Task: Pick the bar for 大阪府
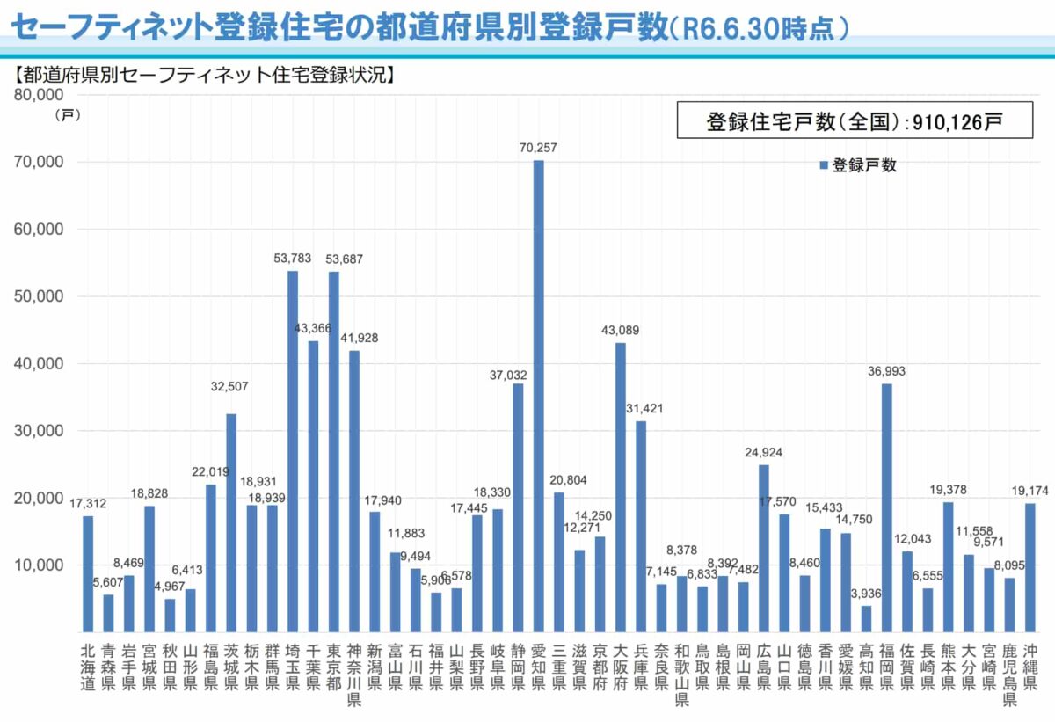coord(621,487)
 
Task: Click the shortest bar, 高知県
coord(866,618)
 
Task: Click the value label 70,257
coord(538,148)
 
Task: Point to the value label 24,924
coord(763,452)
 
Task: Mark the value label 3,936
coord(866,593)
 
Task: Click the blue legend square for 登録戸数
coord(824,165)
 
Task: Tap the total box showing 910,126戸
coord(854,121)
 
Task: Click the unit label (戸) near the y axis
coord(67,115)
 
